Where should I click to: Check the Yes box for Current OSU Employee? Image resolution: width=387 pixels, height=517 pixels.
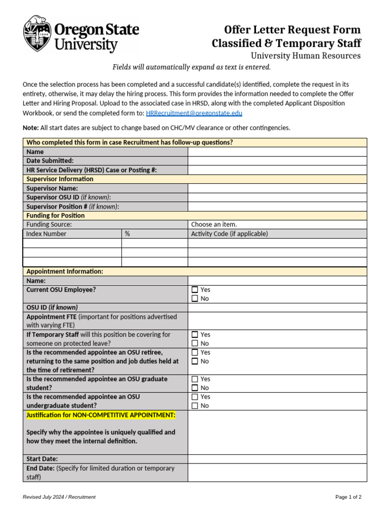click(195, 290)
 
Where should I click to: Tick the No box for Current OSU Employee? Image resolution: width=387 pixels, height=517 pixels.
click(195, 299)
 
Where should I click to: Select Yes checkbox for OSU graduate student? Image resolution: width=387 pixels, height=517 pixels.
click(195, 379)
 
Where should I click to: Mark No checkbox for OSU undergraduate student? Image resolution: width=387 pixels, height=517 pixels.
click(195, 406)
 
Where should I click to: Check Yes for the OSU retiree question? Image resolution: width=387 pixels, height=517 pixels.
click(195, 352)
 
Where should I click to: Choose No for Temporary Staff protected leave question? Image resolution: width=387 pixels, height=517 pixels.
click(195, 343)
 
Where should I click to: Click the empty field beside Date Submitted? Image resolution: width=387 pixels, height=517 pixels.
click(277, 161)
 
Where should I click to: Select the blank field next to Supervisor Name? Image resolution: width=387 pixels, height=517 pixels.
click(277, 188)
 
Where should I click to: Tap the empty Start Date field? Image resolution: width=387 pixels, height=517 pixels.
click(277, 459)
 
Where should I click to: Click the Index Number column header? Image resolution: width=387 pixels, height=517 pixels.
click(46, 234)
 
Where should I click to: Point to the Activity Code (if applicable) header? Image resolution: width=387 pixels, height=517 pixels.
click(229, 234)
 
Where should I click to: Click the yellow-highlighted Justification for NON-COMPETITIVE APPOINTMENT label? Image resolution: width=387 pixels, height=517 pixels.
click(101, 415)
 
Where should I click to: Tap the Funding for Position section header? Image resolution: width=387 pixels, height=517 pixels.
click(55, 216)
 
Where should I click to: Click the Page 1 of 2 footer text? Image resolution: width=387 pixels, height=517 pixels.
click(348, 497)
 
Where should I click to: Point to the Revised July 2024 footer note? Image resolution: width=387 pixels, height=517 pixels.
click(59, 497)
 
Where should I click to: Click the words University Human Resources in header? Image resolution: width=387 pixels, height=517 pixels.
click(305, 56)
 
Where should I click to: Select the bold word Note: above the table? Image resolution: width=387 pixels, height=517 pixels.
click(31, 128)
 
